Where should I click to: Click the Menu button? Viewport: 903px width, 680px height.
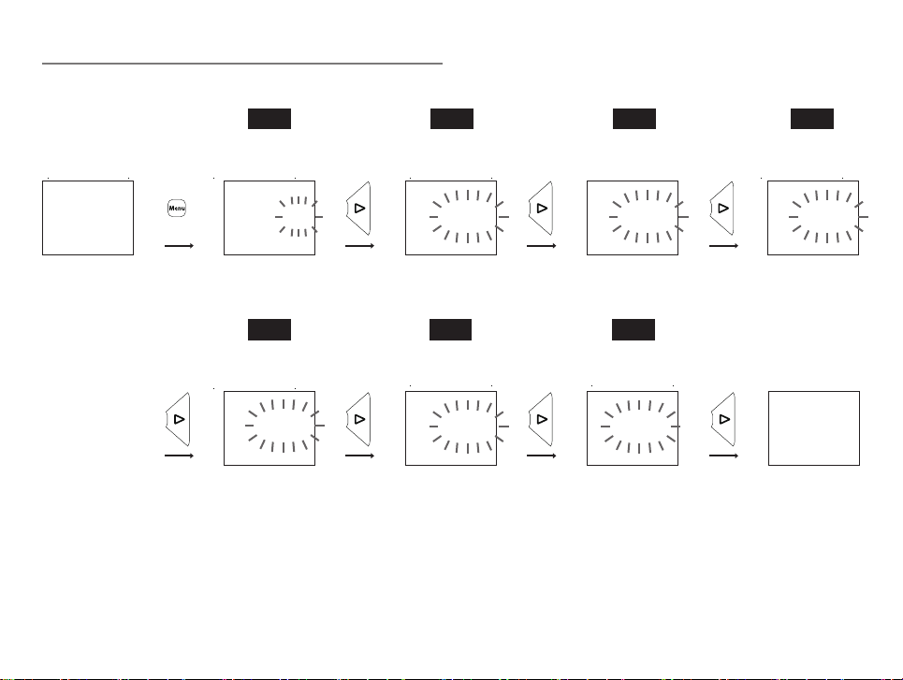(x=177, y=208)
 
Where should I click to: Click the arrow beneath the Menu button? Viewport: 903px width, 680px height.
(x=179, y=246)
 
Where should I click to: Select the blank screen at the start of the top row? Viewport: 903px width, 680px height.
(x=88, y=218)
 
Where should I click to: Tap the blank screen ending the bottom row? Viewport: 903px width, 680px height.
(x=814, y=428)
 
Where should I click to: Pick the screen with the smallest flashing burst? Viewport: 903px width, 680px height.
(x=269, y=218)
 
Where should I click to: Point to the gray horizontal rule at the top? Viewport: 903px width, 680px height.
(x=241, y=64)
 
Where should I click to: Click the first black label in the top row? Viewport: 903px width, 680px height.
(x=269, y=119)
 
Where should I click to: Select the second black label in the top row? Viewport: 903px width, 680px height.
(x=452, y=119)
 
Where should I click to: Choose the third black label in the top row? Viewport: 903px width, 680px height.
(x=634, y=119)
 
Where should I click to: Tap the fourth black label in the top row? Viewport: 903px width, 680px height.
(x=812, y=119)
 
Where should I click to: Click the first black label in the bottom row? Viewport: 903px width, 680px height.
(x=269, y=330)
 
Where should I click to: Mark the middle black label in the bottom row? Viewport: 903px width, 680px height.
(x=450, y=330)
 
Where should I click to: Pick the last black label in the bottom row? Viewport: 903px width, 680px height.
(x=634, y=330)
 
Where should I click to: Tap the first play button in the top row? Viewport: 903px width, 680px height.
(x=358, y=209)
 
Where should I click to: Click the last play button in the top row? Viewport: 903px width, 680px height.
(x=722, y=209)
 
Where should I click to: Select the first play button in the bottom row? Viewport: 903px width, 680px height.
(x=178, y=419)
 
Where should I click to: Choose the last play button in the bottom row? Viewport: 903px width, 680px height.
(x=723, y=419)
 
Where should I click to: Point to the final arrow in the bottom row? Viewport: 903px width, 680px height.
(x=724, y=456)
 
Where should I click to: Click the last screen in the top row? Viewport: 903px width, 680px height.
(x=813, y=218)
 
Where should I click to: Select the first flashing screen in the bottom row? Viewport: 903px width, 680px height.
(x=269, y=428)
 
